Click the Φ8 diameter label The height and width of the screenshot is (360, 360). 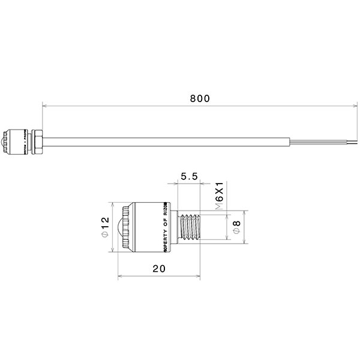pos(236,226)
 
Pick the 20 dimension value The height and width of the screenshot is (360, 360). pos(158,269)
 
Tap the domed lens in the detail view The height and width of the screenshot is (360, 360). pos(120,227)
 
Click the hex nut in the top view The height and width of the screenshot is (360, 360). pos(35,140)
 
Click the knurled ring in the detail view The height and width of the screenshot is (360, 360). pos(127,227)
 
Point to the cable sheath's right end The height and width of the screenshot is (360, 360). pos(290,142)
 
